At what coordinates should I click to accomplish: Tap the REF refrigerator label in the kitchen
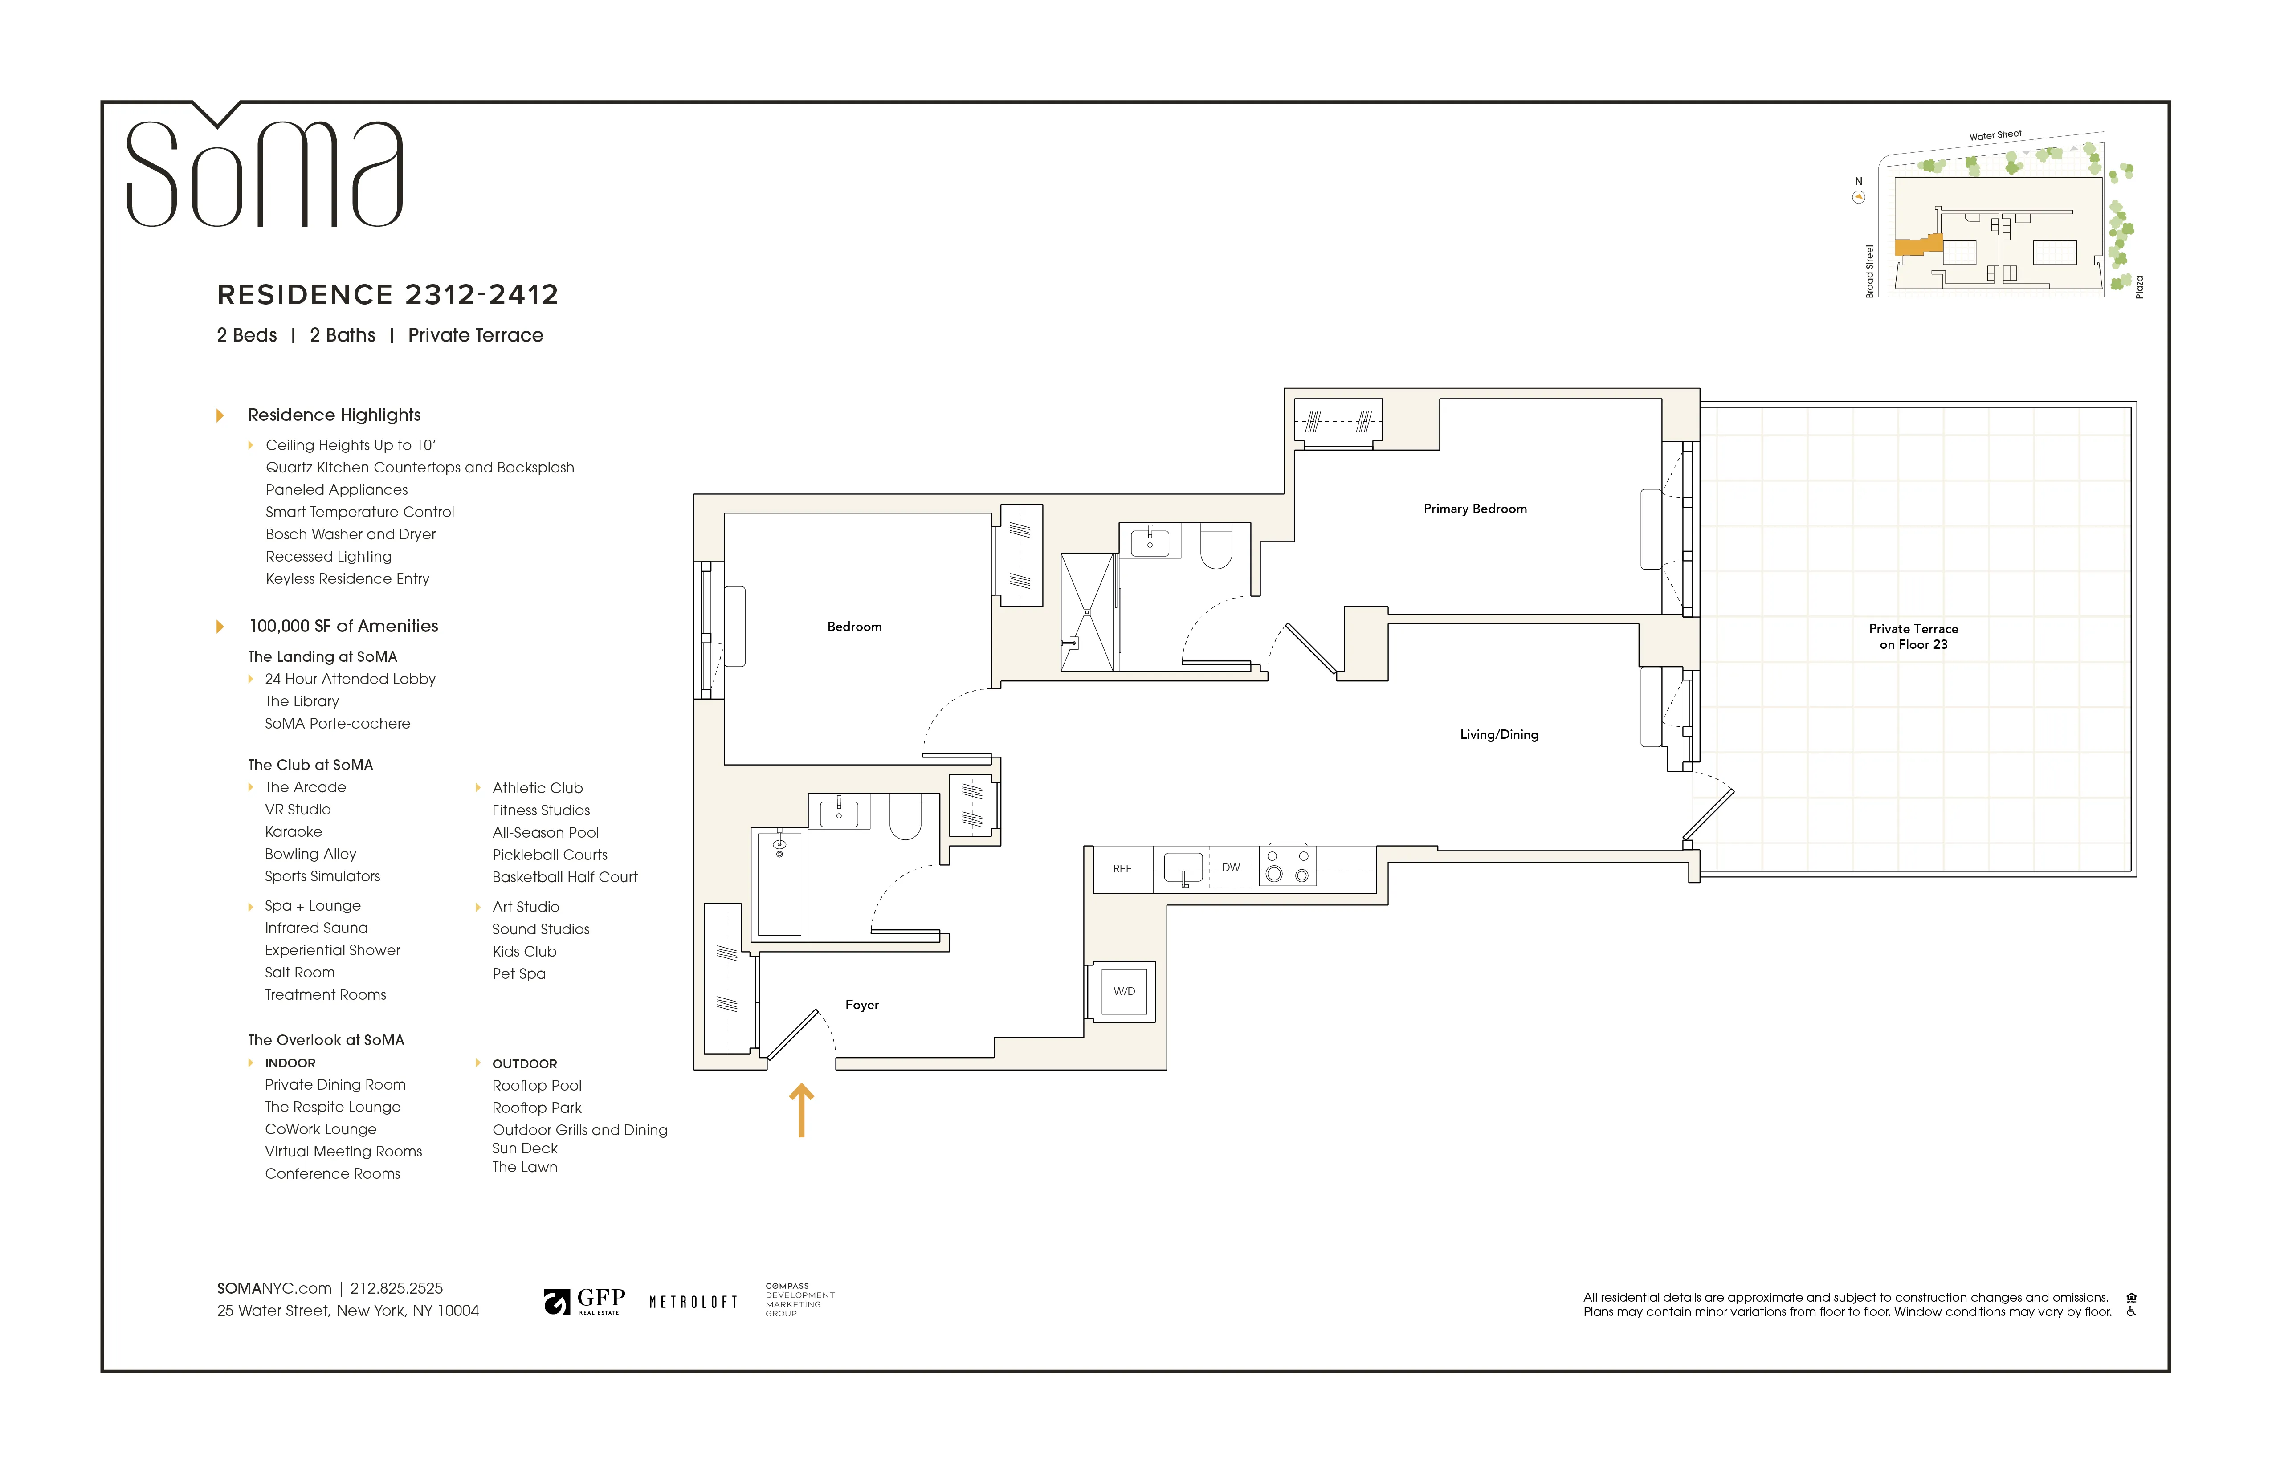tap(1122, 869)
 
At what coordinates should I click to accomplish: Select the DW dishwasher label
tap(1231, 867)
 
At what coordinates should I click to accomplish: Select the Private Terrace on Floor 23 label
tap(1913, 637)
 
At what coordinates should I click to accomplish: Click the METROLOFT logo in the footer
tap(693, 1302)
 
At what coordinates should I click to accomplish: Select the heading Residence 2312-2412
tap(388, 295)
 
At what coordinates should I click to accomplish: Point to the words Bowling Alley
tap(310, 854)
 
